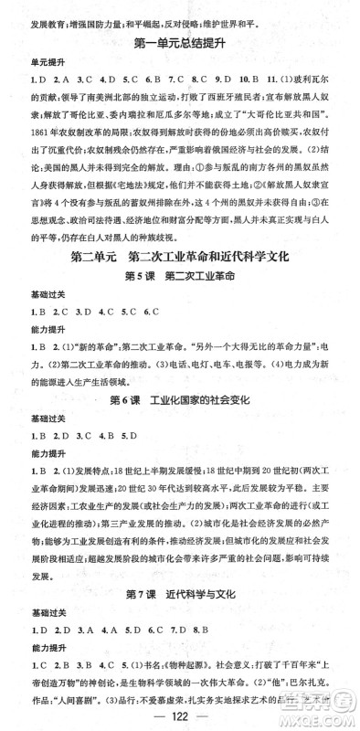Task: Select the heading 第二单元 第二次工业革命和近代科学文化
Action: (x=180, y=258)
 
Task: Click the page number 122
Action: (x=180, y=714)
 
